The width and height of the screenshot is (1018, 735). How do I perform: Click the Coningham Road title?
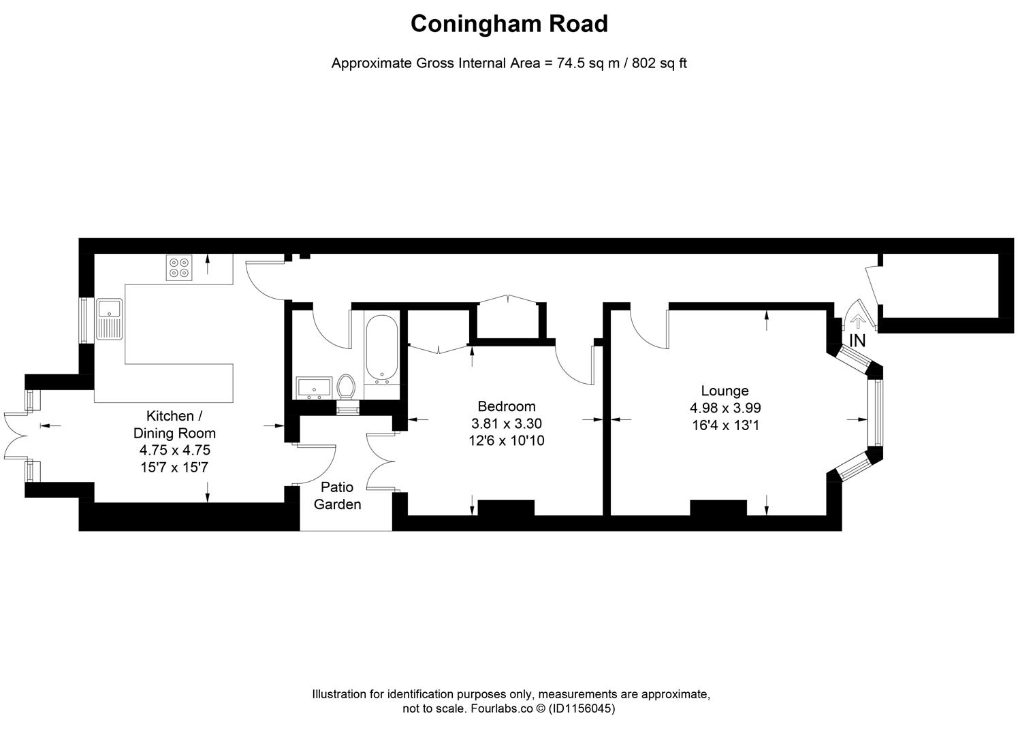click(509, 24)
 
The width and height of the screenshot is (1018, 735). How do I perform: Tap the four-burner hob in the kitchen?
click(179, 267)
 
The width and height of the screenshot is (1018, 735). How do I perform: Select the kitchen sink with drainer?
click(109, 318)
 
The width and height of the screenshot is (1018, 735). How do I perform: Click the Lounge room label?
click(725, 391)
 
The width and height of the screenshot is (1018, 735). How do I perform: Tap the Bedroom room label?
click(506, 406)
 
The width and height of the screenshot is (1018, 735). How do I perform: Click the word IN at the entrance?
click(857, 341)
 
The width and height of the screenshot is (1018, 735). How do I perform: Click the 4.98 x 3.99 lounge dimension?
click(725, 408)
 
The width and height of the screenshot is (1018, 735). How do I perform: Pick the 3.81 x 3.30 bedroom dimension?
click(506, 423)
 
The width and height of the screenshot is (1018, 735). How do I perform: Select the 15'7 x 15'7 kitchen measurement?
click(174, 468)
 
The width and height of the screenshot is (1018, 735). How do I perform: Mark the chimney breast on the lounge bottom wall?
click(718, 508)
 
